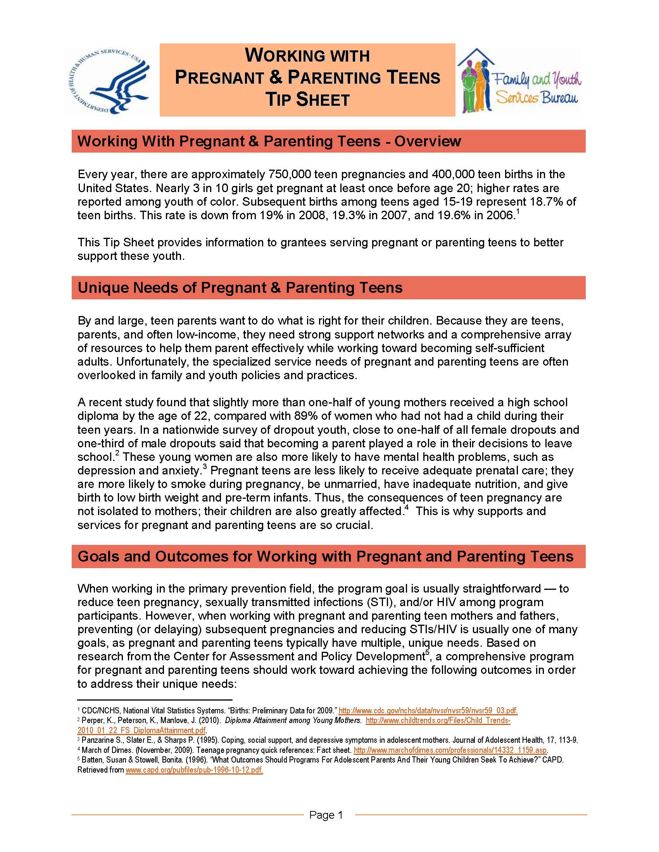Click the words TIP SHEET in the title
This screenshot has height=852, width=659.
(307, 100)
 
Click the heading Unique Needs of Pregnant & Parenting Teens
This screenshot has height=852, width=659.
(240, 287)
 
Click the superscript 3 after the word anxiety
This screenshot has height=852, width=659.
(205, 467)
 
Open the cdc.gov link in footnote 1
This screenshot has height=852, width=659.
(428, 711)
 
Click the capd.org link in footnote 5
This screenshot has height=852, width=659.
(194, 770)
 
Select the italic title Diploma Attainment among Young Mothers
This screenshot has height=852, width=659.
(293, 721)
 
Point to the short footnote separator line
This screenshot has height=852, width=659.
(155, 700)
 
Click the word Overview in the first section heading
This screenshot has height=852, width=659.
(428, 141)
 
